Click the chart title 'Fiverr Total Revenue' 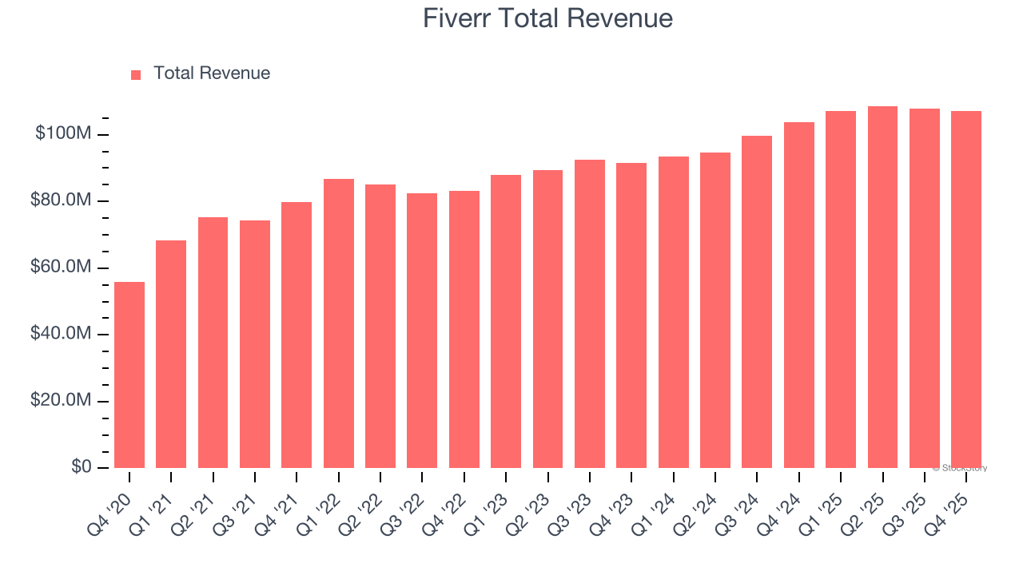pyautogui.click(x=547, y=18)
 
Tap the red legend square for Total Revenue pyautogui.click(x=136, y=74)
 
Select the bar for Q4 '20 pyautogui.click(x=129, y=375)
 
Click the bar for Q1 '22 pyautogui.click(x=339, y=323)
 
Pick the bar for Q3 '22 pyautogui.click(x=422, y=331)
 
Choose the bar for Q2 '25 pyautogui.click(x=882, y=287)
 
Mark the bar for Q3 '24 pyautogui.click(x=757, y=302)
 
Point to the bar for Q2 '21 pyautogui.click(x=213, y=343)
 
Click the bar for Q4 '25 pyautogui.click(x=966, y=289)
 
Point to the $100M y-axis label pyautogui.click(x=63, y=133)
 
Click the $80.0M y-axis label pyautogui.click(x=61, y=200)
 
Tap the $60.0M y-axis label pyautogui.click(x=61, y=267)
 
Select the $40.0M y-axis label pyautogui.click(x=61, y=334)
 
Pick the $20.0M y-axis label pyautogui.click(x=61, y=400)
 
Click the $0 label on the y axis pyautogui.click(x=81, y=467)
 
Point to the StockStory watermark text pyautogui.click(x=960, y=468)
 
